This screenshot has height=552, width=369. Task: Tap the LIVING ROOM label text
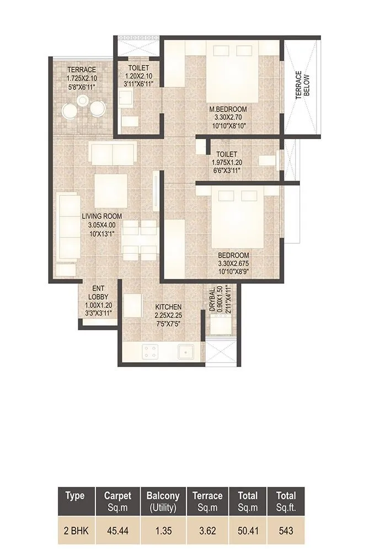[x=101, y=216]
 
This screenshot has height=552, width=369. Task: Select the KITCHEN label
[x=168, y=307]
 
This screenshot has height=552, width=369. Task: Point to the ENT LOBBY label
[x=99, y=292]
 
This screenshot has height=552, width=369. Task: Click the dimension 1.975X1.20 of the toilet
[x=227, y=163]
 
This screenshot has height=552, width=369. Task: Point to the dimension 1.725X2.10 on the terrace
[x=82, y=78]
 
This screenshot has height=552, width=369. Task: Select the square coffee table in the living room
[x=111, y=190]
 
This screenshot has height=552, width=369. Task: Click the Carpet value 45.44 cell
[x=117, y=532]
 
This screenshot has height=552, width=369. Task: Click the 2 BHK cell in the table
[x=74, y=532]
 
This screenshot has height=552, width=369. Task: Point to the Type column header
[x=74, y=496]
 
